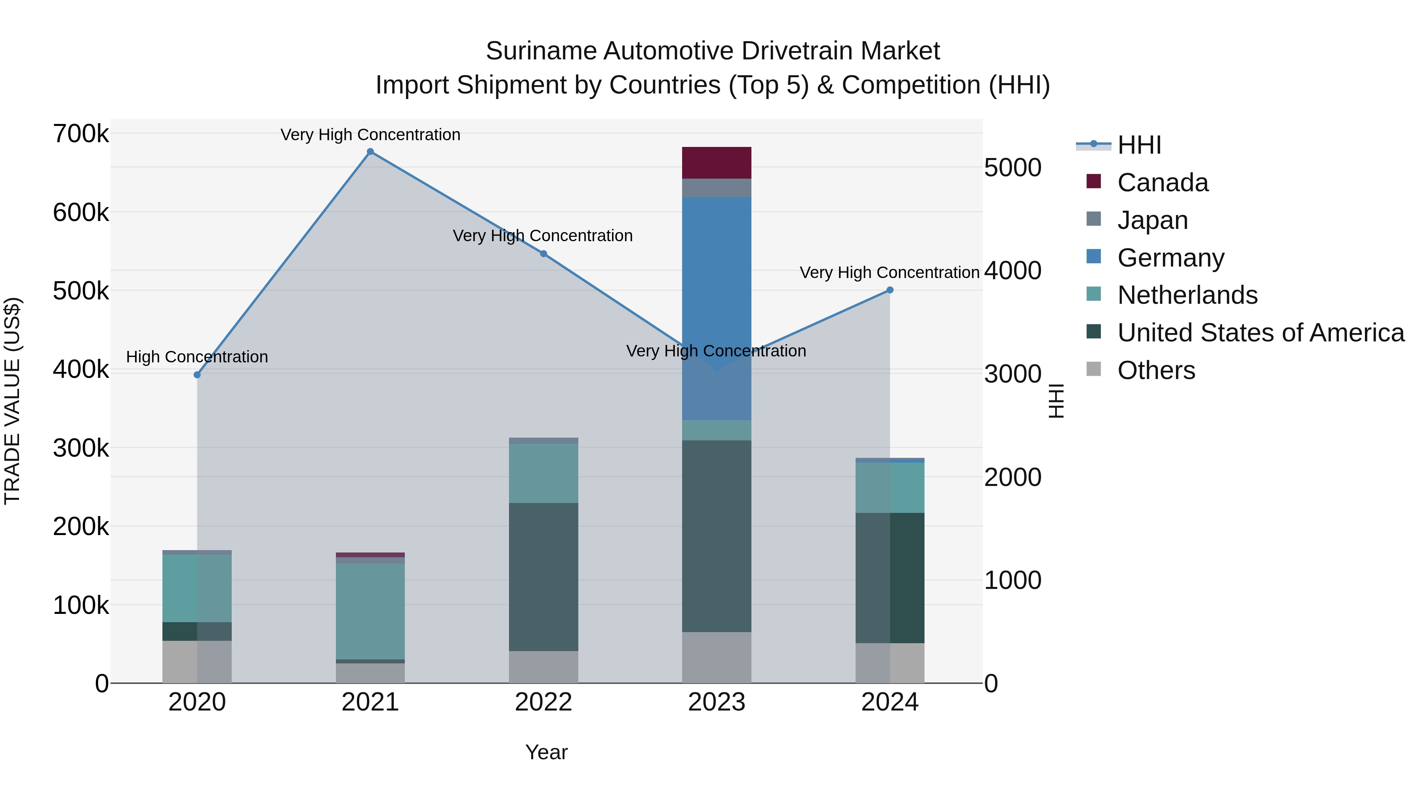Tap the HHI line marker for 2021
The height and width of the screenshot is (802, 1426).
click(370, 152)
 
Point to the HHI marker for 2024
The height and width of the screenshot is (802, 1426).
click(890, 290)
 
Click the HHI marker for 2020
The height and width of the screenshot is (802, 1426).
click(197, 375)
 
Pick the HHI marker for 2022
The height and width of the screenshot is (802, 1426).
click(543, 254)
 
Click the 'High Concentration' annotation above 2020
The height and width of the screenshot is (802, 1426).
click(197, 357)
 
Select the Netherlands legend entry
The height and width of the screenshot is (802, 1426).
click(1188, 295)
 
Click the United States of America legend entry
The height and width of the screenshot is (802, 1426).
click(1260, 333)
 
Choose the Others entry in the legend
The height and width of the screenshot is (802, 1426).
click(1156, 370)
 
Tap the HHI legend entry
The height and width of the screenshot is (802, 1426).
click(1139, 145)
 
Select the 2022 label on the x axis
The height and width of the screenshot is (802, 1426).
click(543, 702)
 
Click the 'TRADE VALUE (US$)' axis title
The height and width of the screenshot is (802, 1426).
click(12, 401)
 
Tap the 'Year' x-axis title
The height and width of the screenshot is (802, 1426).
click(546, 752)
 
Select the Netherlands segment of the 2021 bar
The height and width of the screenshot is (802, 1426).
click(370, 611)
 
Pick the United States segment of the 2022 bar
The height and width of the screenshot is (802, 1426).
click(543, 577)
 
